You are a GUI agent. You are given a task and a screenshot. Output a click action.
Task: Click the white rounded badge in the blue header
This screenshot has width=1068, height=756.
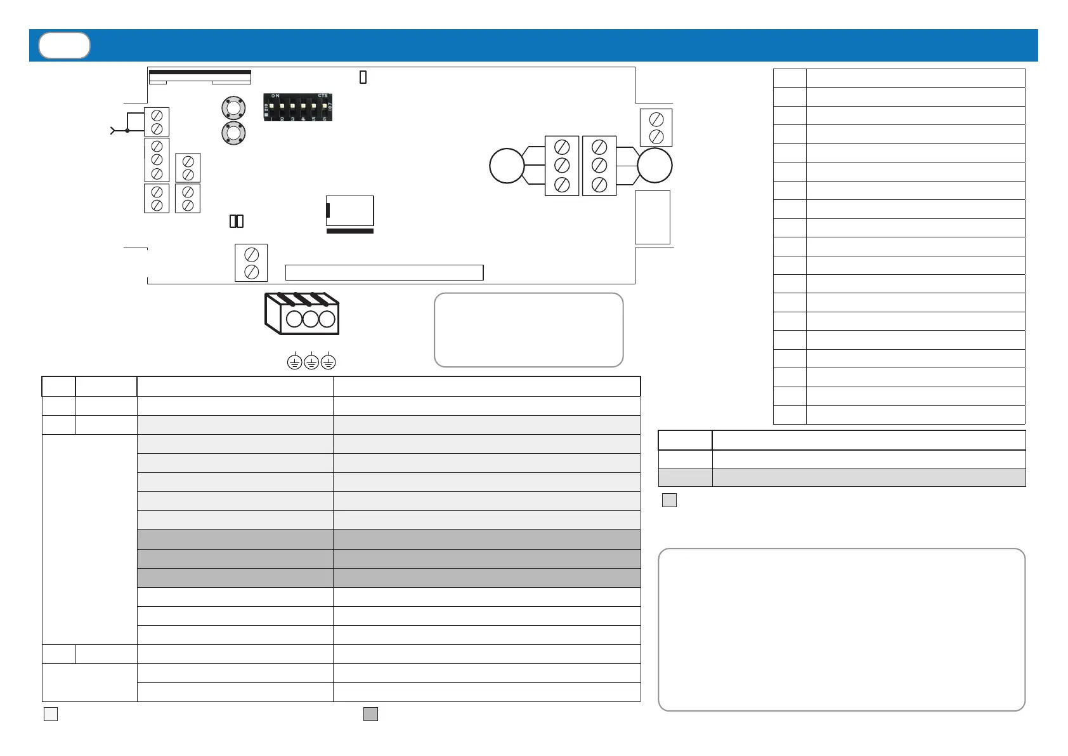(64, 46)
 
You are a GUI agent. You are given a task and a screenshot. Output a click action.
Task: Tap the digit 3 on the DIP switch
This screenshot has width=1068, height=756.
(292, 119)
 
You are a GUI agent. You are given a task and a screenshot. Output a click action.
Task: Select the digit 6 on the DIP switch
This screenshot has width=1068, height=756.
(324, 119)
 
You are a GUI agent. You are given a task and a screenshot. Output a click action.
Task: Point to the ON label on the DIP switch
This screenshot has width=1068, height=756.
(275, 96)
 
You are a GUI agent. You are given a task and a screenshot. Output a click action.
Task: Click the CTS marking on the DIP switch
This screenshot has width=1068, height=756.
(323, 96)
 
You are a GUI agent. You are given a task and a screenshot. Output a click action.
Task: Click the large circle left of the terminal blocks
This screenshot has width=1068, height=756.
(507, 166)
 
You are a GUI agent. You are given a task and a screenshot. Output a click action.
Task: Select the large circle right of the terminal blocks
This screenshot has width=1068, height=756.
(654, 166)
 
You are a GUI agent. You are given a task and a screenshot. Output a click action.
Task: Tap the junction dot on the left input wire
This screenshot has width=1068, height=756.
(127, 130)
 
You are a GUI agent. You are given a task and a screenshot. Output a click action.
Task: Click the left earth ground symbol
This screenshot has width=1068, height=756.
(294, 362)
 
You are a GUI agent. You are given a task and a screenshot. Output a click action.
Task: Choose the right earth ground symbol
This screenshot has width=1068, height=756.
(328, 362)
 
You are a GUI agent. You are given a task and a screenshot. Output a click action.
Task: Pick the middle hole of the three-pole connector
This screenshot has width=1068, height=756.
(311, 318)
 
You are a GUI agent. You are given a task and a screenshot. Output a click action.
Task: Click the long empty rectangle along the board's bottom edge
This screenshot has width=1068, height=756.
(384, 272)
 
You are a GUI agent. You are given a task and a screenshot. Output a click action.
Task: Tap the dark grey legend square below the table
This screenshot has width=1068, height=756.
(371, 714)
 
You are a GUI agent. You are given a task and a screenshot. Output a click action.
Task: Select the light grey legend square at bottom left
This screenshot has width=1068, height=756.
(51, 714)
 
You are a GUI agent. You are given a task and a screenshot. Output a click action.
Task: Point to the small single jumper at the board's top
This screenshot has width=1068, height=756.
(363, 77)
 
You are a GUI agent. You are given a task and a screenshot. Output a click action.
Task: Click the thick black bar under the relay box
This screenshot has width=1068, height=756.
(350, 231)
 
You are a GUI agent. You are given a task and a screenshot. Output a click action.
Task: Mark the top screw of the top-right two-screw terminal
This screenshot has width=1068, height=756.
(656, 119)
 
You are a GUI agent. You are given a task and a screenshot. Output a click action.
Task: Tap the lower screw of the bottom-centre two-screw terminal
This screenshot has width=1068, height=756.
(251, 272)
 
